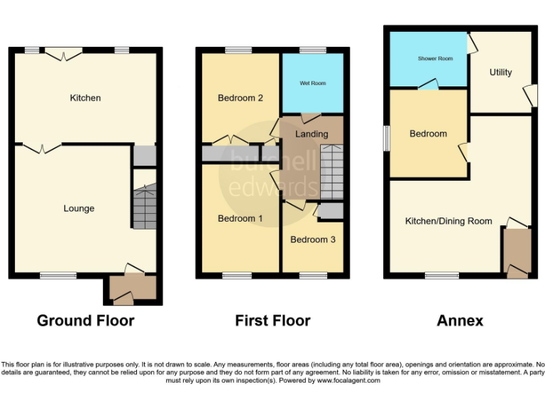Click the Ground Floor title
pos(85,321)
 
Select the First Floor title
pos(272,321)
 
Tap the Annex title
pos(459,321)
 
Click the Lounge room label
pos(79,208)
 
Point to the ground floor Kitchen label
pos(85,98)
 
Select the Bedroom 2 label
pos(241,98)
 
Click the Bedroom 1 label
pos(241,218)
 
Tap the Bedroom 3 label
pos(313,239)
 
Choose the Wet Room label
pos(312,84)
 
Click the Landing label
pos(312,134)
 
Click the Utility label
pos(500,72)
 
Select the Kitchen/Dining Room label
pos(448,221)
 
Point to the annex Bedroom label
pos(428,134)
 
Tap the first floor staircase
pos(331,172)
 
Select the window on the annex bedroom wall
pos(386,138)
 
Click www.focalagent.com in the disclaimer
pos(348,380)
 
